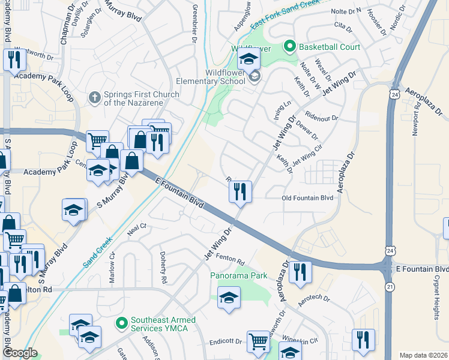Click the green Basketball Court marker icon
pyautogui.click(x=291, y=46)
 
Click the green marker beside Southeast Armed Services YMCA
pyautogui.click(x=122, y=323)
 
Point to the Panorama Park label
pyautogui.click(x=238, y=276)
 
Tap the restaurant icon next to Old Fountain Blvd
pyautogui.click(x=240, y=192)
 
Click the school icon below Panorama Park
pyautogui.click(x=229, y=298)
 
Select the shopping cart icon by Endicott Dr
pyautogui.click(x=258, y=340)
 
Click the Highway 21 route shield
pyautogui.click(x=390, y=287)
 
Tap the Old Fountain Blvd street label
pyautogui.click(x=307, y=197)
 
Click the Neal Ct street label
pyautogui.click(x=137, y=227)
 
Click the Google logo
pyautogui.click(x=19, y=353)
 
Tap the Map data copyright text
pyautogui.click(x=423, y=355)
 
